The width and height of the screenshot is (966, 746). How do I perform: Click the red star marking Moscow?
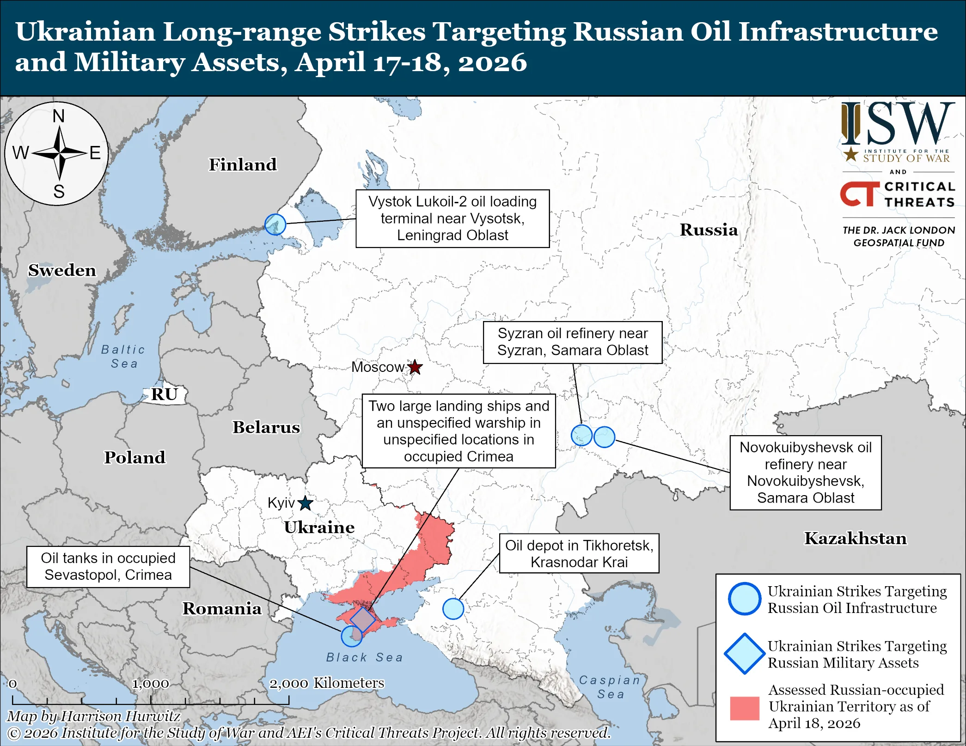click(x=415, y=367)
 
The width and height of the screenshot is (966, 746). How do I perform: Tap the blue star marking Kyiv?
click(x=305, y=503)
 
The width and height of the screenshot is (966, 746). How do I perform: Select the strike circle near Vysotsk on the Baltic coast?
click(x=275, y=224)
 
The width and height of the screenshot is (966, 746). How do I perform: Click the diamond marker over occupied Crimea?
click(x=363, y=619)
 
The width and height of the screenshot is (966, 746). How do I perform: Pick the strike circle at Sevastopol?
click(x=352, y=636)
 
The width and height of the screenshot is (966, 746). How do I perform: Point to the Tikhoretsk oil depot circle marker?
click(x=453, y=609)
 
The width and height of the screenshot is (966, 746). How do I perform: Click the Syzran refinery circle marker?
click(x=581, y=435)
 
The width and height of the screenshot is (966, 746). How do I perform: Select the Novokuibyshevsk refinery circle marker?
click(x=604, y=437)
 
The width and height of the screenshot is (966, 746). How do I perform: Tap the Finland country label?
click(x=243, y=164)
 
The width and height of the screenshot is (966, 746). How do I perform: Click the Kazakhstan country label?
click(x=855, y=539)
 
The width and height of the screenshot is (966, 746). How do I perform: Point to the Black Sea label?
click(x=364, y=657)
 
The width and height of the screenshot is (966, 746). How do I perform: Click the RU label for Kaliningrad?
click(x=165, y=394)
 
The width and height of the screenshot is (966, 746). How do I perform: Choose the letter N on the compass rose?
click(x=59, y=116)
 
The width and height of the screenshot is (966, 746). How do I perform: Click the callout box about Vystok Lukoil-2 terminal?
click(x=452, y=218)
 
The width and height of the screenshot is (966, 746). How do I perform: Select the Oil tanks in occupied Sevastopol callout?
click(x=108, y=567)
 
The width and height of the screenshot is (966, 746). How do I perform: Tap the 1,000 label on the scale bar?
click(x=151, y=683)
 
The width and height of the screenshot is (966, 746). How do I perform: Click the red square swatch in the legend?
click(x=744, y=708)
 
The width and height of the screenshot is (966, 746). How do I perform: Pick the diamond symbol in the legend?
click(x=744, y=654)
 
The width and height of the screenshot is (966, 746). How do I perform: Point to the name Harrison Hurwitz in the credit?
click(x=121, y=716)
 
